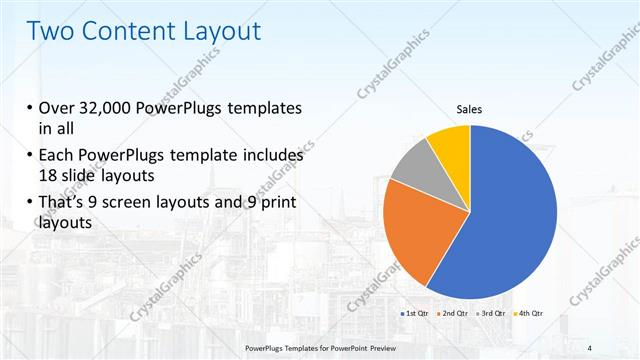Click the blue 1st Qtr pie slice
click(x=510, y=220)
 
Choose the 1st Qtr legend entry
click(x=415, y=314)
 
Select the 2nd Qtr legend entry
click(x=455, y=314)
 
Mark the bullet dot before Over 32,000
click(x=25, y=108)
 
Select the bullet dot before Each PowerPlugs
click(x=25, y=157)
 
